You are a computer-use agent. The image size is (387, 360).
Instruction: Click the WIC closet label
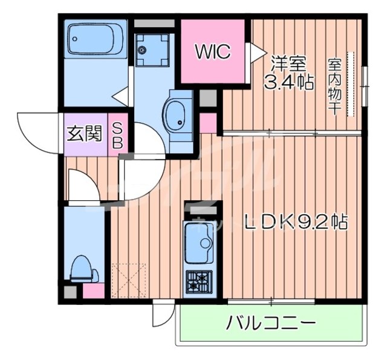tap(212, 52)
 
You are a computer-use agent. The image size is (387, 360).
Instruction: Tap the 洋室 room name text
tap(288, 63)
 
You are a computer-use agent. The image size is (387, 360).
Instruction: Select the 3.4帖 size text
tap(288, 82)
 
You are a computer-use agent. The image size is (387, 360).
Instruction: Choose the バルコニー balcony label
tap(271, 323)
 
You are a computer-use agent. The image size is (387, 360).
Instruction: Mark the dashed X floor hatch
tap(129, 280)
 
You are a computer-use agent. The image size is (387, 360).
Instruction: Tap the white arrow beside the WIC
tap(257, 53)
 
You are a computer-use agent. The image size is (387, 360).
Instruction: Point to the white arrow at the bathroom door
tap(120, 95)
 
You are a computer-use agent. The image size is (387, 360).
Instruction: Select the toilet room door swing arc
tap(82, 185)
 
